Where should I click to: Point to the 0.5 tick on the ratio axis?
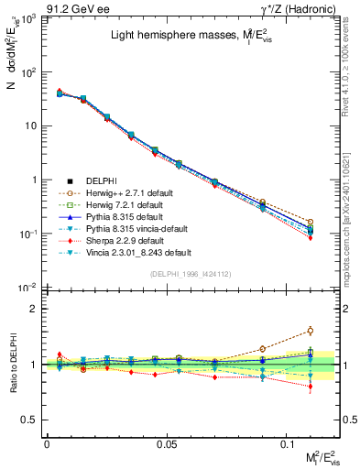coord(33,420)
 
